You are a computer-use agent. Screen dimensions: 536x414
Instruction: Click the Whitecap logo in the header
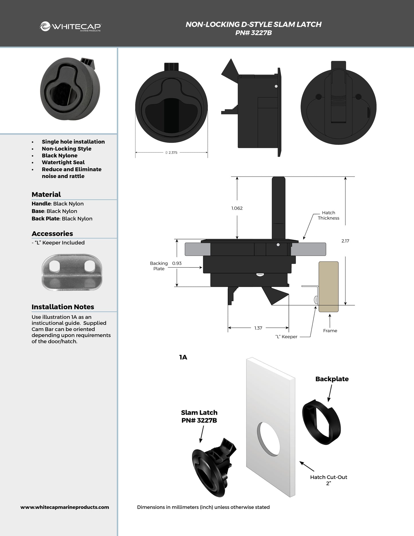70,27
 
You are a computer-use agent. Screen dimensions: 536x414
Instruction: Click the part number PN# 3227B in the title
253,33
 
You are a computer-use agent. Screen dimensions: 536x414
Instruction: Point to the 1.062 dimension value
237,208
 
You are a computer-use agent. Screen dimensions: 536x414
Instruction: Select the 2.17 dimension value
345,241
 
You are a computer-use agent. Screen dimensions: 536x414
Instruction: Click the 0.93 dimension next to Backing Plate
177,263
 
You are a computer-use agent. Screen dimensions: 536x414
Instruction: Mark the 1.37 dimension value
258,328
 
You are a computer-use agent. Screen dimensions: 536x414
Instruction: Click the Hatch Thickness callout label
328,215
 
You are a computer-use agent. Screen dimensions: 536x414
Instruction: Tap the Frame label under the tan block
330,330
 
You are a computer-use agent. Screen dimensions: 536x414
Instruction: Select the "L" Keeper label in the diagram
286,337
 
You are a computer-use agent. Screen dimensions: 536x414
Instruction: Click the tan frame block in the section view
329,286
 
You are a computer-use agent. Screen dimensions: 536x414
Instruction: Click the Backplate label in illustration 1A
332,379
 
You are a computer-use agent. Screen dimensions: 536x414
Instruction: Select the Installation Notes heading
63,307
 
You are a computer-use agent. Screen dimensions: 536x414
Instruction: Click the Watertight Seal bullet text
63,162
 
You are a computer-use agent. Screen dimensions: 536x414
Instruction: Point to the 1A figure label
183,357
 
